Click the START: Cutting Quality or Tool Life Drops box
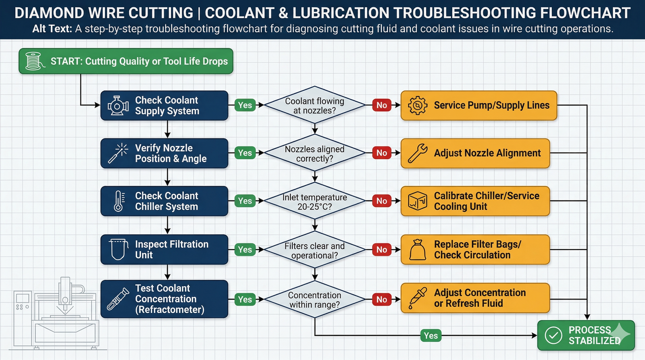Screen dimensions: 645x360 tap(126, 61)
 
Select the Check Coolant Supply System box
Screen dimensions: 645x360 tap(164, 105)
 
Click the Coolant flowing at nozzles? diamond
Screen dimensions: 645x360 tap(315, 105)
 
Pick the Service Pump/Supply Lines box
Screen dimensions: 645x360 tap(479, 105)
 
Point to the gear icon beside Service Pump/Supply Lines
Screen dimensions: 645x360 tap(418, 105)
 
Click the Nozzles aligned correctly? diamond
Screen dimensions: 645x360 tap(315, 153)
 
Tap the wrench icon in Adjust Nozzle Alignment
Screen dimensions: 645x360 tap(418, 153)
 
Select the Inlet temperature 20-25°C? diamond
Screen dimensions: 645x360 tap(315, 201)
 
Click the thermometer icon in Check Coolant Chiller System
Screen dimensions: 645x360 tap(119, 201)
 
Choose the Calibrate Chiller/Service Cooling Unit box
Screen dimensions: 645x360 tap(475, 201)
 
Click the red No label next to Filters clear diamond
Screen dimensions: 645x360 tap(382, 250)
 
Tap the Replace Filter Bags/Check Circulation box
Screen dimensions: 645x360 tap(475, 250)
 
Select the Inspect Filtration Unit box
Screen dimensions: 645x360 tap(164, 250)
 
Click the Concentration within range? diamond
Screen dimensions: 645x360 tap(315, 300)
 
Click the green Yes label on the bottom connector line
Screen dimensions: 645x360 tap(431, 335)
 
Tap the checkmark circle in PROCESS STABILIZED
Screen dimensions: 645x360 tap(553, 335)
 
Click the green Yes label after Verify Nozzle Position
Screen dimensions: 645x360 tap(245, 153)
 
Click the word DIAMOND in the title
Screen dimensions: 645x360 tap(49, 13)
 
